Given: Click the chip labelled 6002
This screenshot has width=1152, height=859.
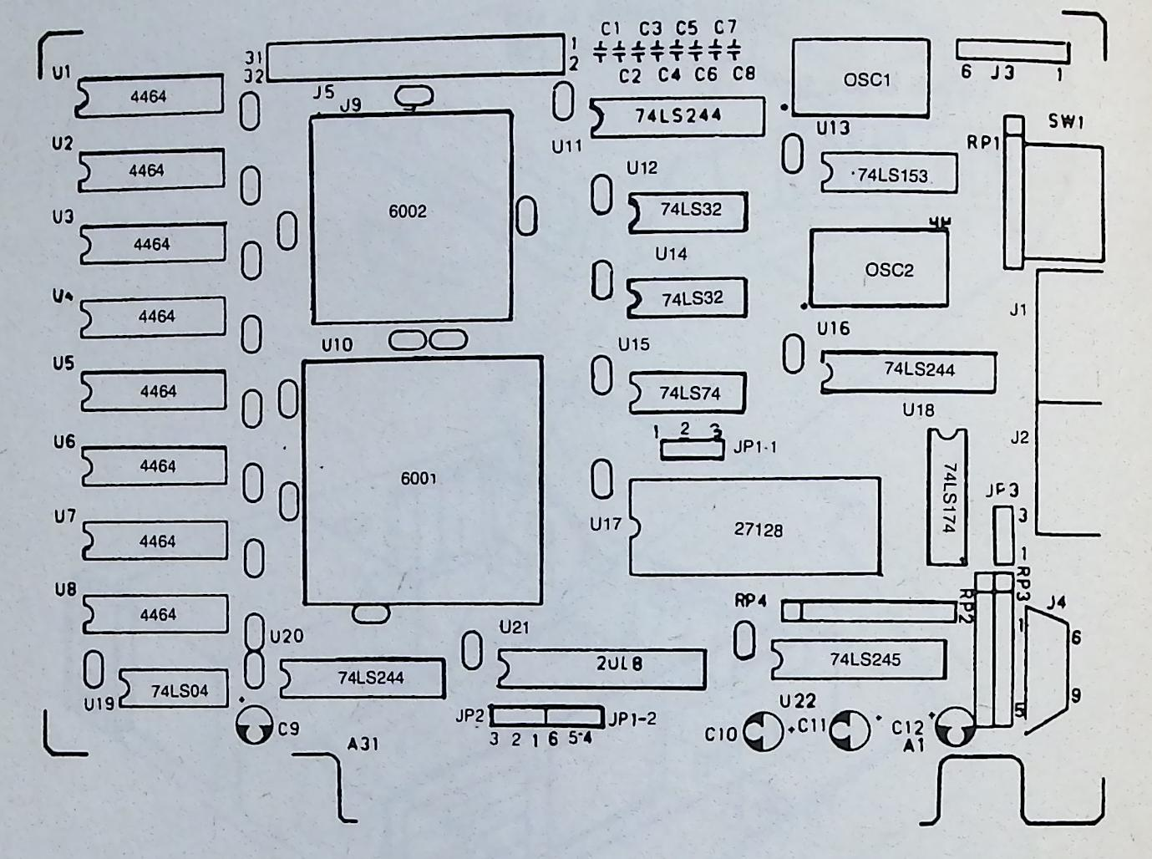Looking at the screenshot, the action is tap(411, 216).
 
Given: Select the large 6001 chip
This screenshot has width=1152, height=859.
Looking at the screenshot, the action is tap(423, 480).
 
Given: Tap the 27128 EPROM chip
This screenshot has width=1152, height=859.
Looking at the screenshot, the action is tap(754, 526).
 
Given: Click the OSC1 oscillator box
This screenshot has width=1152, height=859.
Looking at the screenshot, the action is tap(860, 77).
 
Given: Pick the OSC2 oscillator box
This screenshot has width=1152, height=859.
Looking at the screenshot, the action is tap(879, 268).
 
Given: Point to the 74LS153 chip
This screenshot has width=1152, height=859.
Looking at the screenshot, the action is tap(889, 173).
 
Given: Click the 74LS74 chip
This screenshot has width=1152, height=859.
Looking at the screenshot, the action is tap(687, 393).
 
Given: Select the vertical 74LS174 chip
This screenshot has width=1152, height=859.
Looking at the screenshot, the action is tap(946, 497).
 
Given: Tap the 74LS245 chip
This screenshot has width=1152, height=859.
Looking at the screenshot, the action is tap(859, 659).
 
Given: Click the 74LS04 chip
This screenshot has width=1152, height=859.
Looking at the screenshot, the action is tap(174, 689).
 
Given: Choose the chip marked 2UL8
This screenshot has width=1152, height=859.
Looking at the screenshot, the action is tap(601, 668).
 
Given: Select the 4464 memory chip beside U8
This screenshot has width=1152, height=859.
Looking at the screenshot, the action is tap(155, 613).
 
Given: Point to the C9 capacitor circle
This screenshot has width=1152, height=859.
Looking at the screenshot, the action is tap(254, 725).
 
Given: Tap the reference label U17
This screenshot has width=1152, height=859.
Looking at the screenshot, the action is tap(605, 524).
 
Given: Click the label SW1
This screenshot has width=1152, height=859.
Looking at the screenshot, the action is tap(1065, 121).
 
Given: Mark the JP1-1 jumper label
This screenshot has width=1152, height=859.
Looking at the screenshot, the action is tap(754, 447).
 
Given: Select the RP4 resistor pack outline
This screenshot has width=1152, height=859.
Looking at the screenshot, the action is tap(869, 612).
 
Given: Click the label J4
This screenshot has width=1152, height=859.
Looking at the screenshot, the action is tap(1056, 602).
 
